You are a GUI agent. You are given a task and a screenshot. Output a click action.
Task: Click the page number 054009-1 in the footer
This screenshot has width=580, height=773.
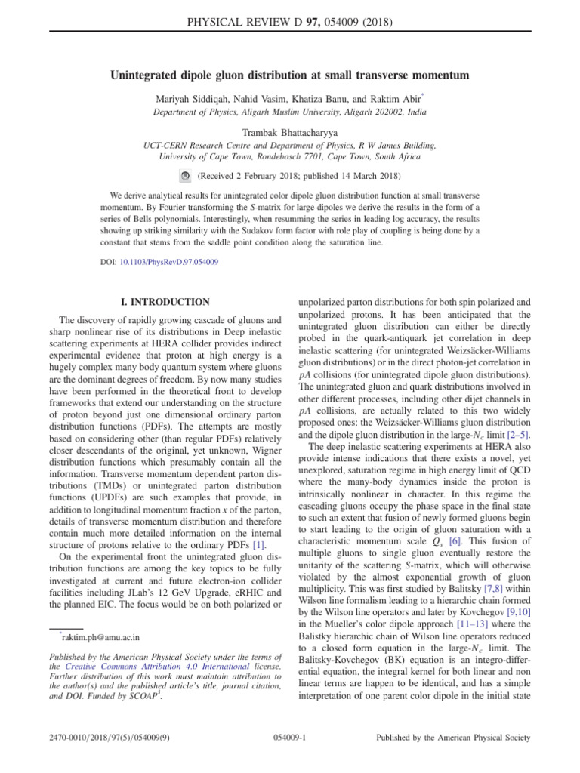(290, 737)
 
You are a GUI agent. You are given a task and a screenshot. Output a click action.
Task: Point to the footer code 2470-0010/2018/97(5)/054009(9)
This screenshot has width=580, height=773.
(107, 737)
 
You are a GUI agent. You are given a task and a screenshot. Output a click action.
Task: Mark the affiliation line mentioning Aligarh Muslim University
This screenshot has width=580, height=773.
(290, 112)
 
